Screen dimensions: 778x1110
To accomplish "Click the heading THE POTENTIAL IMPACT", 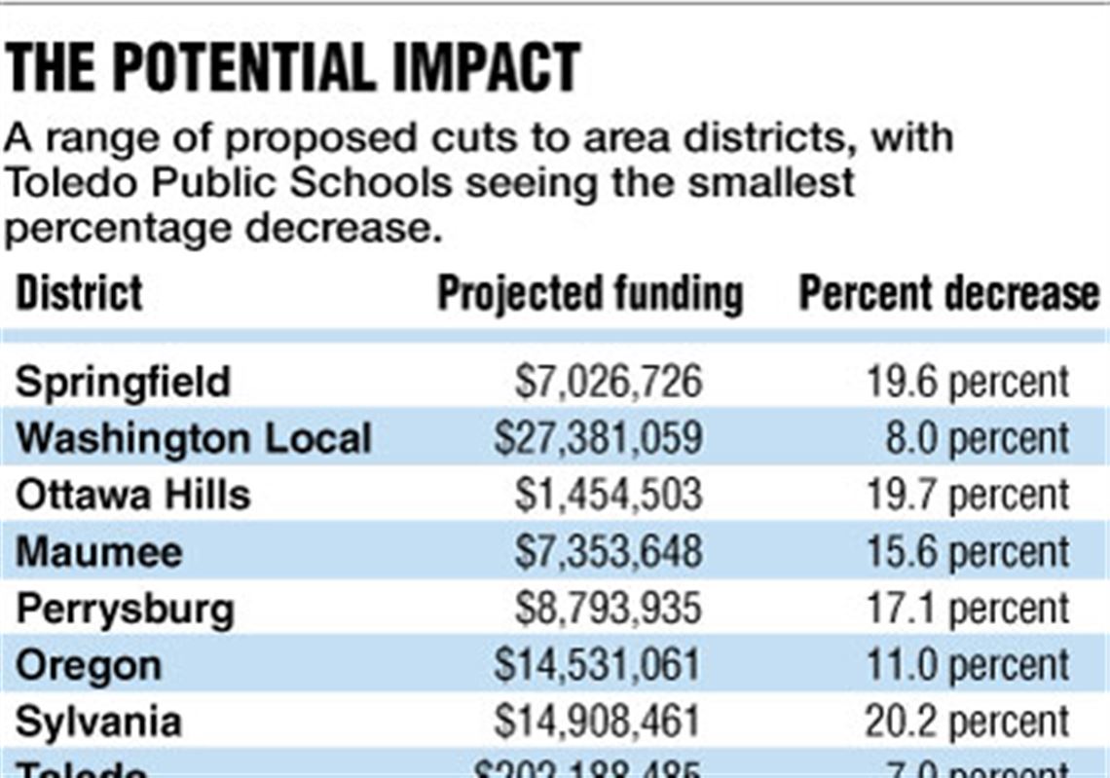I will tap(293, 67).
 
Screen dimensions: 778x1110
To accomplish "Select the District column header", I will tap(80, 293).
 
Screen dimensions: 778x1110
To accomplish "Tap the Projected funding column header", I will tap(590, 293).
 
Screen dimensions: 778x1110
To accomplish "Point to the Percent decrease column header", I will tap(948, 293).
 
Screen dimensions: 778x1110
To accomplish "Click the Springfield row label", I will tap(123, 382).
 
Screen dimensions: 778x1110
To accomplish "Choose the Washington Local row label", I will tap(194, 438).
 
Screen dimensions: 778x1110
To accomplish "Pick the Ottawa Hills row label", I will tap(133, 495).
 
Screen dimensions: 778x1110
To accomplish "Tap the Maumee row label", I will tap(99, 552).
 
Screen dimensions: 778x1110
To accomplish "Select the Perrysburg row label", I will tap(126, 610).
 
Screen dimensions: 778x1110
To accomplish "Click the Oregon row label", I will tap(89, 666).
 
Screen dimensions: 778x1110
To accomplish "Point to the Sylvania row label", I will tap(98, 722).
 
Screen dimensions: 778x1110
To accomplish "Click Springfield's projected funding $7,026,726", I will tap(609, 382).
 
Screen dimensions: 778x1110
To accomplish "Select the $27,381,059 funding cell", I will tap(598, 438).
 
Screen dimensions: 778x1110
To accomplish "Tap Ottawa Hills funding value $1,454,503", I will tap(609, 495).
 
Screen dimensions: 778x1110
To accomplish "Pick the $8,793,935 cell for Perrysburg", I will tap(609, 610).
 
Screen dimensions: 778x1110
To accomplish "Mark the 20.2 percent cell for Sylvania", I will tap(967, 722).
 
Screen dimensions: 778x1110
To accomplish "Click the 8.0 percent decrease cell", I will tap(977, 438).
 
